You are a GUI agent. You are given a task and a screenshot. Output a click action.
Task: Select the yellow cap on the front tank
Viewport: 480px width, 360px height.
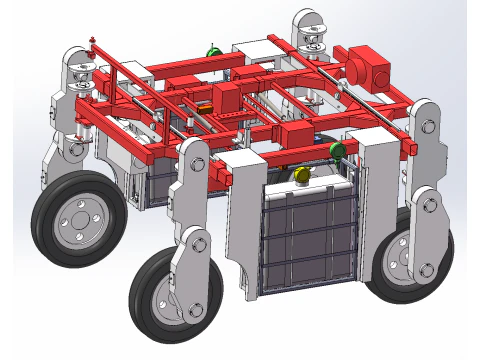[302, 176]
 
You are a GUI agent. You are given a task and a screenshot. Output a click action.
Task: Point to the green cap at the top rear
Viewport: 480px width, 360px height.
[212, 51]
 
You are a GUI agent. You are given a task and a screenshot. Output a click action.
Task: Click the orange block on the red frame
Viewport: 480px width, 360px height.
[207, 106]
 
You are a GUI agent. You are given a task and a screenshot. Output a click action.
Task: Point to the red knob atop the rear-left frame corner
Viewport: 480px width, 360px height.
[93, 41]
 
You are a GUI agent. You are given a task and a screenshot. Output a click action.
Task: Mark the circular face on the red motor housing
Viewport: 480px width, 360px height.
[379, 78]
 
